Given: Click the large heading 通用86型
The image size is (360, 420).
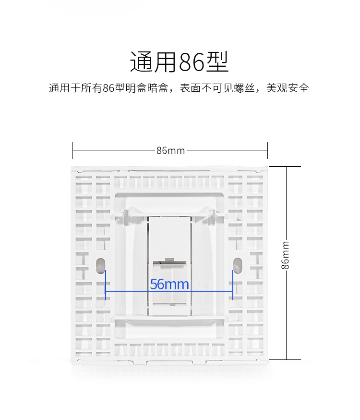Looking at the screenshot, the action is click(180, 62).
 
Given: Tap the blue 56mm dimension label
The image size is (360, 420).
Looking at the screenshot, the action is click(169, 284).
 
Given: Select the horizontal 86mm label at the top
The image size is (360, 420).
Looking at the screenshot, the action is click(170, 150).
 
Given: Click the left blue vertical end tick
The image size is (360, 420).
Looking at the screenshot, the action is click(106, 284).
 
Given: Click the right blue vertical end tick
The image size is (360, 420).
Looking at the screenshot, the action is click(233, 284).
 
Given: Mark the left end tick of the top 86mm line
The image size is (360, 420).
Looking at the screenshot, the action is click(73, 150).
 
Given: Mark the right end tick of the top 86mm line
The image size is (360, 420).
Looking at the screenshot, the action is click(267, 150).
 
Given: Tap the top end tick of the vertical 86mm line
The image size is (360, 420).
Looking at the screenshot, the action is click(287, 167).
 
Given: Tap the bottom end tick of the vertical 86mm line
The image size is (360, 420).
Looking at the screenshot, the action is click(287, 359).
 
